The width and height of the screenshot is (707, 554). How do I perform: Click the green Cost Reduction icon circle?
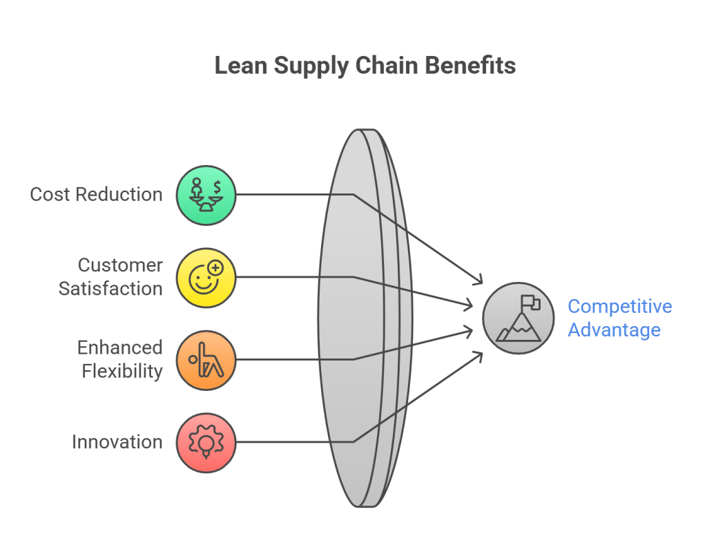pos(206,195)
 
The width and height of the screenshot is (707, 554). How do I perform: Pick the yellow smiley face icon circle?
pos(206,277)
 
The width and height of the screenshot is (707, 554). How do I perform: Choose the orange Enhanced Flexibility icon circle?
pos(206,359)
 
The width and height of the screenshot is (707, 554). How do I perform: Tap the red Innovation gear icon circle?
pos(206,442)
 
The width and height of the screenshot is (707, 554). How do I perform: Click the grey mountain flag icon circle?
pos(519,318)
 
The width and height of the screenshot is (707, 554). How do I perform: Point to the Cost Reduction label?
pos(96,194)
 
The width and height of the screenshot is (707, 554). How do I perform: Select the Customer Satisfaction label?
pos(110,276)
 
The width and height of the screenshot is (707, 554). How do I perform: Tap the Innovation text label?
pos(117,442)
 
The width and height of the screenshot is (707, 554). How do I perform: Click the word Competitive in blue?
pos(619,306)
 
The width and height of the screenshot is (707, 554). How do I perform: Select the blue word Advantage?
pos(614,329)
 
